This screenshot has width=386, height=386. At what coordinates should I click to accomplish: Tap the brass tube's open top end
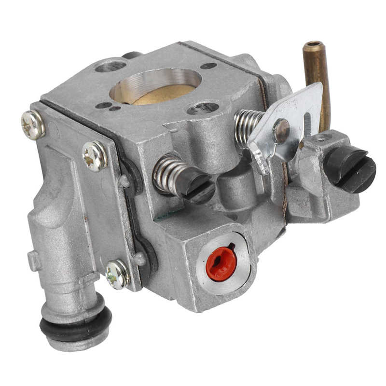point(313,46)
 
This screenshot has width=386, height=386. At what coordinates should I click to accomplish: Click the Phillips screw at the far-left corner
point(33,125)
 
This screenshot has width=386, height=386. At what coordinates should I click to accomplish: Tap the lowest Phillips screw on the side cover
point(117,274)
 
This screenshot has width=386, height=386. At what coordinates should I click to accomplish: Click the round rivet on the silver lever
point(281,130)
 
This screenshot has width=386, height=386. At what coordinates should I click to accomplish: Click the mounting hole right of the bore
point(203,108)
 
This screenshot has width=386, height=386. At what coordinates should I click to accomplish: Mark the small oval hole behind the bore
point(208,66)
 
